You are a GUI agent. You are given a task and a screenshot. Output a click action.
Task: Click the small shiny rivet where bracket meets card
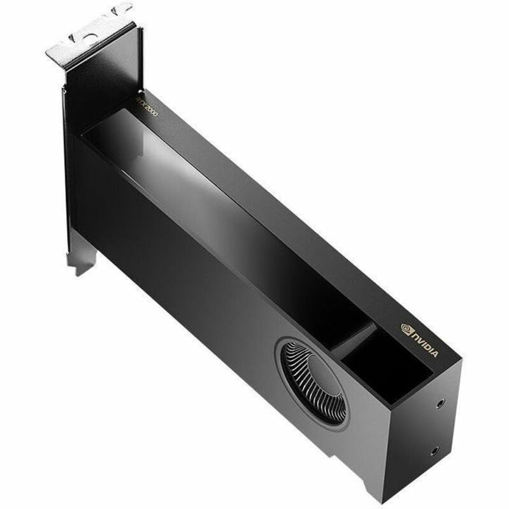(x=63, y=90)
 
